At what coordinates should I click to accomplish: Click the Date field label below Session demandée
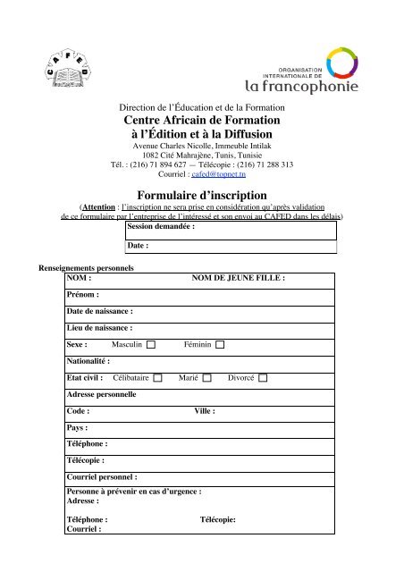click(137, 244)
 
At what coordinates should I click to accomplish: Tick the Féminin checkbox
click(220, 368)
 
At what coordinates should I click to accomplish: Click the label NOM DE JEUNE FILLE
click(239, 279)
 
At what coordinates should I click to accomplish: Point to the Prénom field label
click(83, 294)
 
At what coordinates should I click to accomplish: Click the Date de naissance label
click(100, 313)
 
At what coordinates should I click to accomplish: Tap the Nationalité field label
click(88, 386)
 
